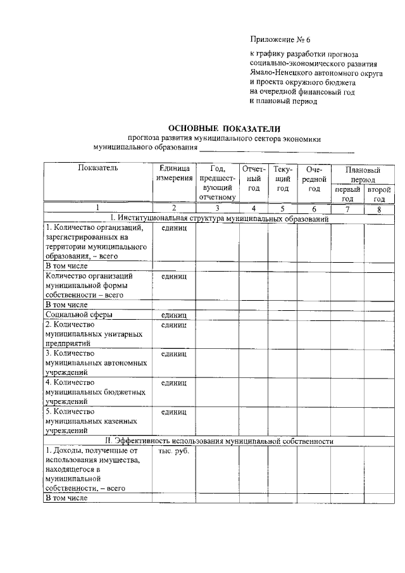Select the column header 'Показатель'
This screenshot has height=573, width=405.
(x=97, y=169)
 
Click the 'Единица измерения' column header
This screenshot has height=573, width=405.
(x=173, y=173)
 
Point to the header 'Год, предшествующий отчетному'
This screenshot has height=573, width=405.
(x=217, y=183)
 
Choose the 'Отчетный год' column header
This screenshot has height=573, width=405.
(x=253, y=179)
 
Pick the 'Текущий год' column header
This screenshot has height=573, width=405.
(x=282, y=179)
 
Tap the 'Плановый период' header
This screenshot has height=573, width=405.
(x=362, y=174)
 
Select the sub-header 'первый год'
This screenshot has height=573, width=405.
(x=347, y=194)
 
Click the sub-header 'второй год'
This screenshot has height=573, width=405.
(x=378, y=194)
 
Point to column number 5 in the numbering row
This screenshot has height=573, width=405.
(x=282, y=208)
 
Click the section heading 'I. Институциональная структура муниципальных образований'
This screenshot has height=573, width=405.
(x=218, y=218)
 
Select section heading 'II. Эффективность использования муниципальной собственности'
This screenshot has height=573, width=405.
(x=218, y=441)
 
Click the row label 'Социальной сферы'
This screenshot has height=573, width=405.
(x=80, y=314)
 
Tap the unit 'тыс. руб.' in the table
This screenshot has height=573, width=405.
(x=173, y=451)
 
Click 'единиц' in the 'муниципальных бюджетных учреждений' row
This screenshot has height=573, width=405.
(x=173, y=383)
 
